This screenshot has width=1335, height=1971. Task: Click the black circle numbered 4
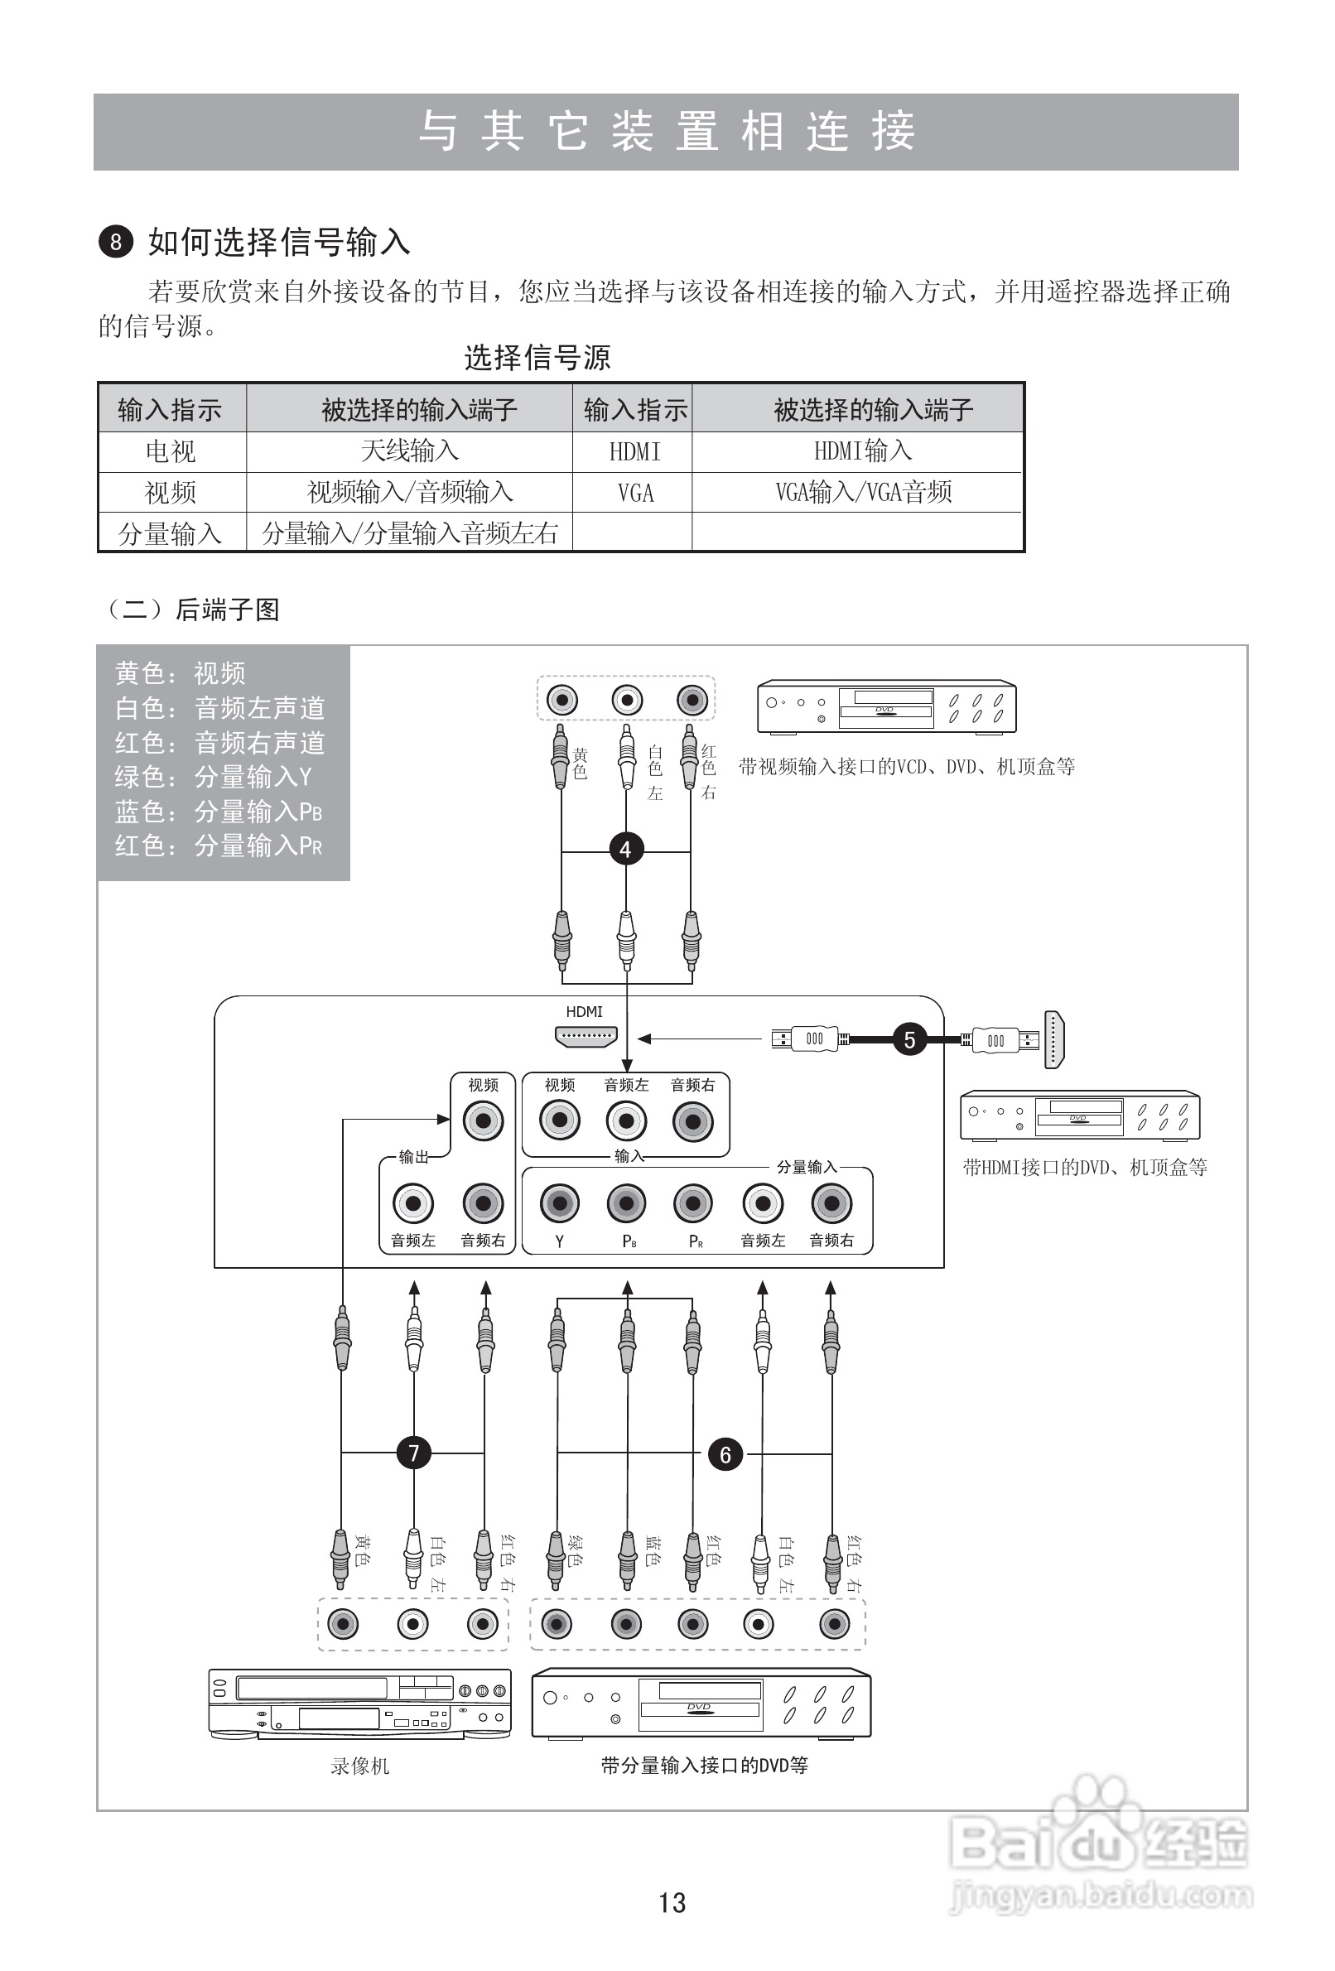pyautogui.click(x=626, y=849)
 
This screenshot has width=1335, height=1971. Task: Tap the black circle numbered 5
pyautogui.click(x=909, y=1039)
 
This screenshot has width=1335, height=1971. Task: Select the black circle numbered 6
pyautogui.click(x=725, y=1454)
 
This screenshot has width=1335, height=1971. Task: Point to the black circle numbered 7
pyautogui.click(x=414, y=1453)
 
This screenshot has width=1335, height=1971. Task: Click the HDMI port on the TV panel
pyautogui.click(x=586, y=1035)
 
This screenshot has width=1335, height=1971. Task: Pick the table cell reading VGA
pyautogui.click(x=635, y=493)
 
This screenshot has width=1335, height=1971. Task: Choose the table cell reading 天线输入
pyautogui.click(x=410, y=451)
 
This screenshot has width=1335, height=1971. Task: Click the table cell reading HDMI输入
pyautogui.click(x=863, y=451)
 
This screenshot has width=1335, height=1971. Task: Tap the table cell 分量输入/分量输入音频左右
pyautogui.click(x=410, y=533)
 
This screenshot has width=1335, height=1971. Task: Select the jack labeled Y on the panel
pyautogui.click(x=560, y=1202)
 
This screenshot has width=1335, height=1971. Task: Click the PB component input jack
pyautogui.click(x=626, y=1202)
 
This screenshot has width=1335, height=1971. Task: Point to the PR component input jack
pyautogui.click(x=693, y=1202)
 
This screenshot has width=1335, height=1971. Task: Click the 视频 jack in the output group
pyautogui.click(x=484, y=1120)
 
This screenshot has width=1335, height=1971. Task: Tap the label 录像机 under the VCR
pyautogui.click(x=359, y=1766)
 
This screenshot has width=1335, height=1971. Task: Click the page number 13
pyautogui.click(x=672, y=1902)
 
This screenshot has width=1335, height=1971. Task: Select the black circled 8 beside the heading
pyautogui.click(x=116, y=243)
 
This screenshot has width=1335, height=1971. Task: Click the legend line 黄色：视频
pyautogui.click(x=181, y=673)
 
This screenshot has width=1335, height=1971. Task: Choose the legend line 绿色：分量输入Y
pyautogui.click(x=214, y=777)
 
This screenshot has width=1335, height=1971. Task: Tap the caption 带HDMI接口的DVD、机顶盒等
pyautogui.click(x=1084, y=1167)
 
